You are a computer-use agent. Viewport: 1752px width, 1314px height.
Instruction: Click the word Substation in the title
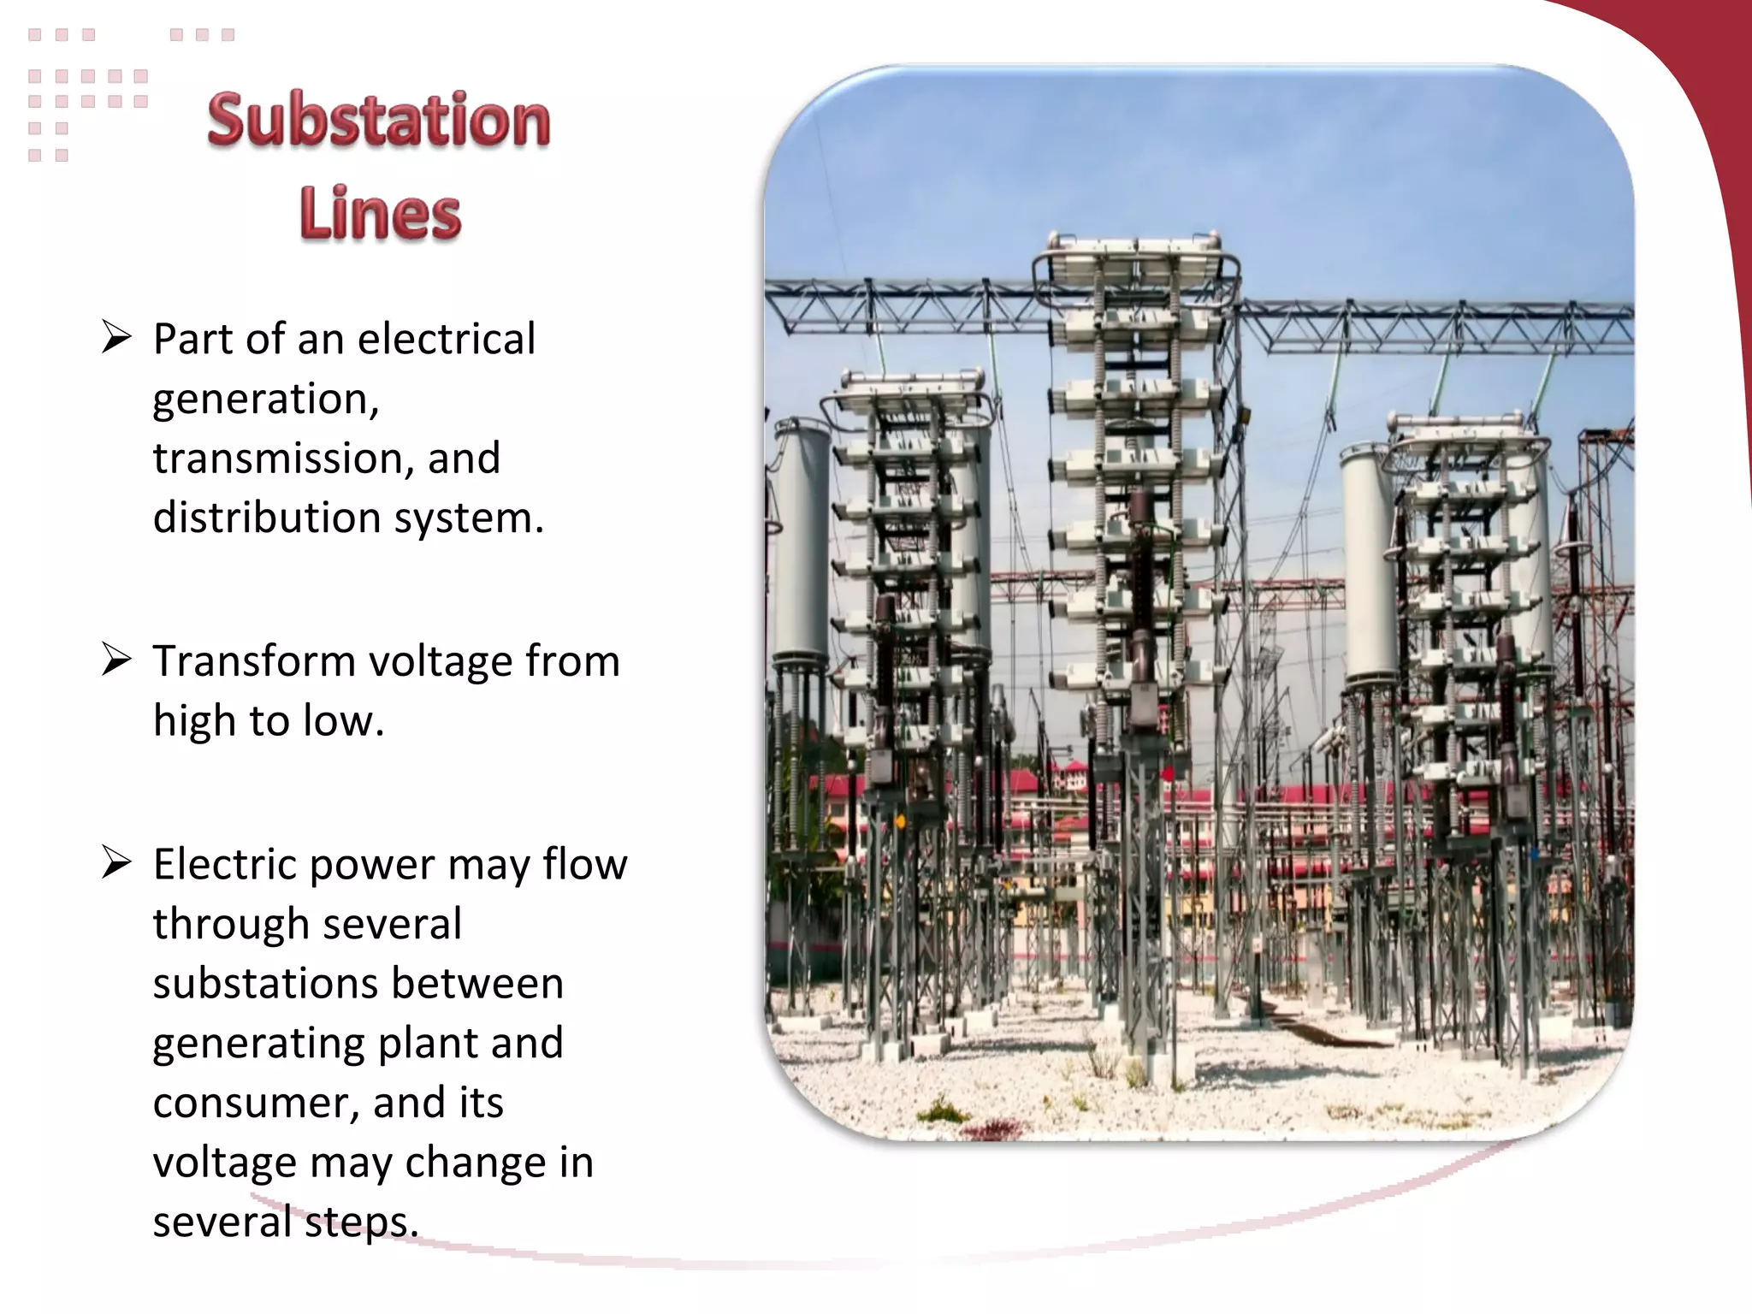coord(378,121)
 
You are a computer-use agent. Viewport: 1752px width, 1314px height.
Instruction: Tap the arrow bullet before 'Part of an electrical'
coord(116,337)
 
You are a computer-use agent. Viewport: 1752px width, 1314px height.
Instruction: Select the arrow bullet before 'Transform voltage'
coord(116,660)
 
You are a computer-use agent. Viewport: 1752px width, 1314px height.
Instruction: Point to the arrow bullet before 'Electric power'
coord(116,862)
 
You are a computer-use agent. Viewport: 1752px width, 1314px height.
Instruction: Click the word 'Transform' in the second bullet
coord(254,661)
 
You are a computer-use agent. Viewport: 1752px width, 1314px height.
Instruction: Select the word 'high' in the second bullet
coord(194,720)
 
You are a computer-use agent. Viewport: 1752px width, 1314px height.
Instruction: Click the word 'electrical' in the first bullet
coord(446,339)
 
